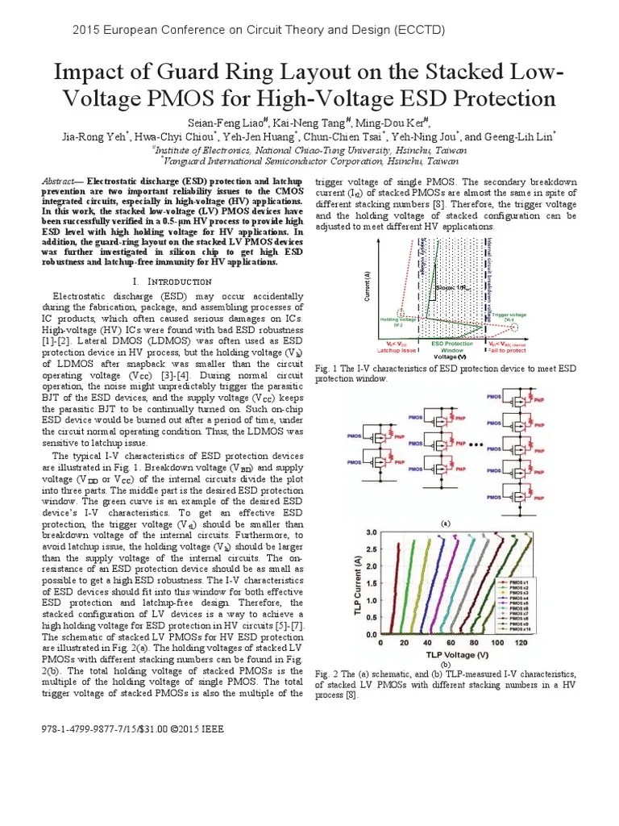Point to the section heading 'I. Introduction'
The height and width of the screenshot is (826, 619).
[x=171, y=282]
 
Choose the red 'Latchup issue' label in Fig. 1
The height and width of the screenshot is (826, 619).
[x=395, y=349]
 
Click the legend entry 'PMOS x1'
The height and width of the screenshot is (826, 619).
[x=516, y=581]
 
